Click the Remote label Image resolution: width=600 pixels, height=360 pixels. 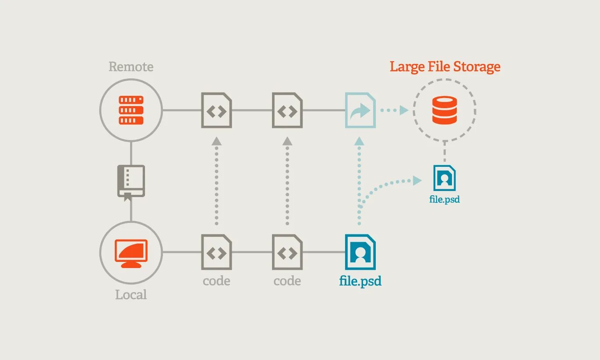pos(131,67)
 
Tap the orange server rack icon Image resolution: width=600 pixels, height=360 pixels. pos(131,110)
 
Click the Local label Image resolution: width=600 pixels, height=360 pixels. pos(131,295)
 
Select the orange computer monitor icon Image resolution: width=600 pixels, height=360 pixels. pos(131,253)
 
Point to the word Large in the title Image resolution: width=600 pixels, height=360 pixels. pos(407,67)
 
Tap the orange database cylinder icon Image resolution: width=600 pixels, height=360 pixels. pos(445,110)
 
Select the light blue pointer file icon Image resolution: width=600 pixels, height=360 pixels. pos(360,110)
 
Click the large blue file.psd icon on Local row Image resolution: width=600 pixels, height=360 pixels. pos(360,252)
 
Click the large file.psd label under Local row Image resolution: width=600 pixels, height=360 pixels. pos(360,281)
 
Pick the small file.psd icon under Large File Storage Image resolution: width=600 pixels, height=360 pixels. pos(445,178)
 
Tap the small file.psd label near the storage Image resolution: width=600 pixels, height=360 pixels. pos(445,200)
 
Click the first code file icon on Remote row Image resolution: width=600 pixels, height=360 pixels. pos(216,110)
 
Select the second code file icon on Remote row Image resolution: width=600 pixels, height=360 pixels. pos(287,110)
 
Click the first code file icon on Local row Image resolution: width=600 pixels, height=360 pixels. pos(216,252)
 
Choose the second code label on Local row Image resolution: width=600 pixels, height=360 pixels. pos(287,281)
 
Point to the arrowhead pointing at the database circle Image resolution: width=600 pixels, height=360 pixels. pos(404,110)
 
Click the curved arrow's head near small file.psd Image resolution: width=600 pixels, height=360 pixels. pos(416,180)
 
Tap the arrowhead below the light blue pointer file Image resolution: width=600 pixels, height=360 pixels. pos(359,141)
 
